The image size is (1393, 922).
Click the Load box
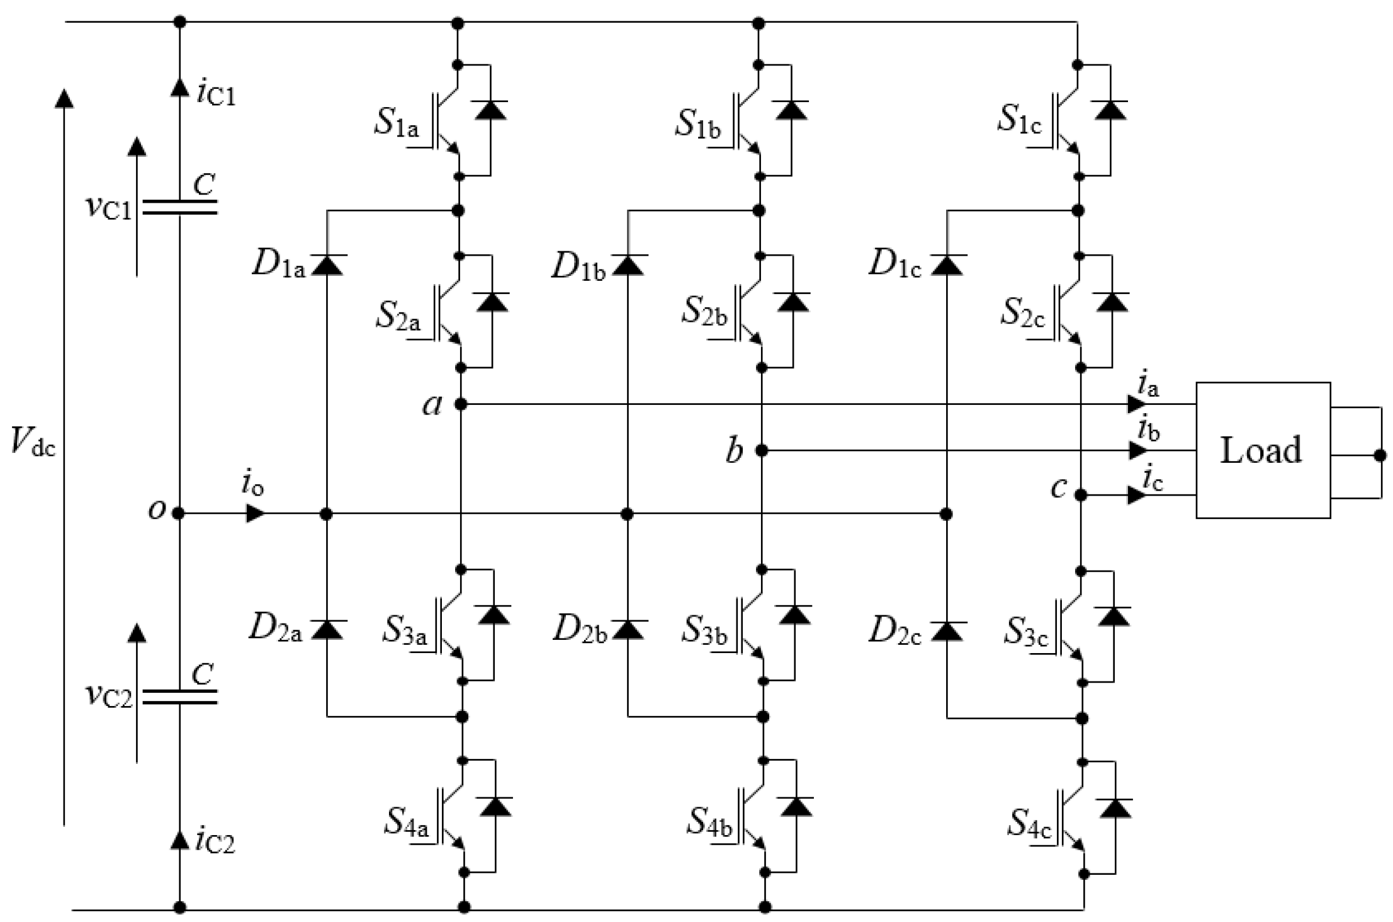pyautogui.click(x=1262, y=450)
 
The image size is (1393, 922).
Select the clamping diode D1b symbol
pyautogui.click(x=628, y=265)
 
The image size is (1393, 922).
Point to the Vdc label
pyautogui.click(x=33, y=441)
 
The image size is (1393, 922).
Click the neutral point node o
pyautogui.click(x=179, y=514)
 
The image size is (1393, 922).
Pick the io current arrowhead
pyautogui.click(x=255, y=514)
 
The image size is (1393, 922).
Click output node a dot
pyautogui.click(x=461, y=404)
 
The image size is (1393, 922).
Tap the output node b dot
pyautogui.click(x=762, y=450)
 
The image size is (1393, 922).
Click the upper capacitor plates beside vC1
pyautogui.click(x=179, y=208)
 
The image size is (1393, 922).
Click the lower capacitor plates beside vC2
pyautogui.click(x=179, y=697)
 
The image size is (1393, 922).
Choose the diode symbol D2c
pyautogui.click(x=947, y=630)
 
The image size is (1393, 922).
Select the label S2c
pyautogui.click(x=1023, y=312)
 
